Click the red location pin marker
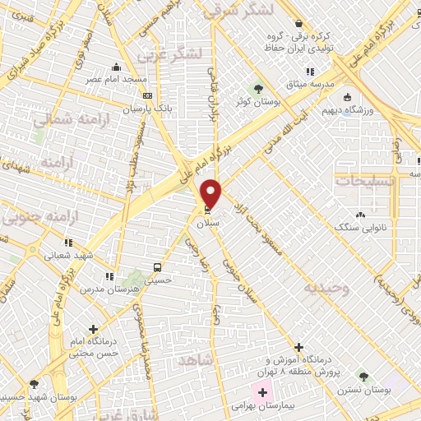[x=211, y=192]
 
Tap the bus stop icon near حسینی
[x=156, y=268]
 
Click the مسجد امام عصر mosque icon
[x=116, y=67]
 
